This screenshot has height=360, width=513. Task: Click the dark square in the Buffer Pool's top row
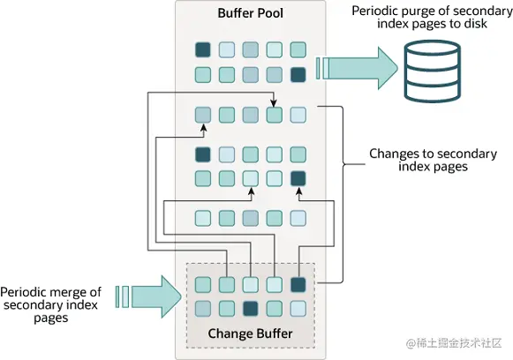[203, 49]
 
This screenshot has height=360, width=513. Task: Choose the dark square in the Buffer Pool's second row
[298, 74]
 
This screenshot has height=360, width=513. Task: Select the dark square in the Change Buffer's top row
[298, 284]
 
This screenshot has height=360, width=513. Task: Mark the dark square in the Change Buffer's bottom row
[251, 308]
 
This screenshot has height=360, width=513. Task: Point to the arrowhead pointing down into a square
[275, 105]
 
